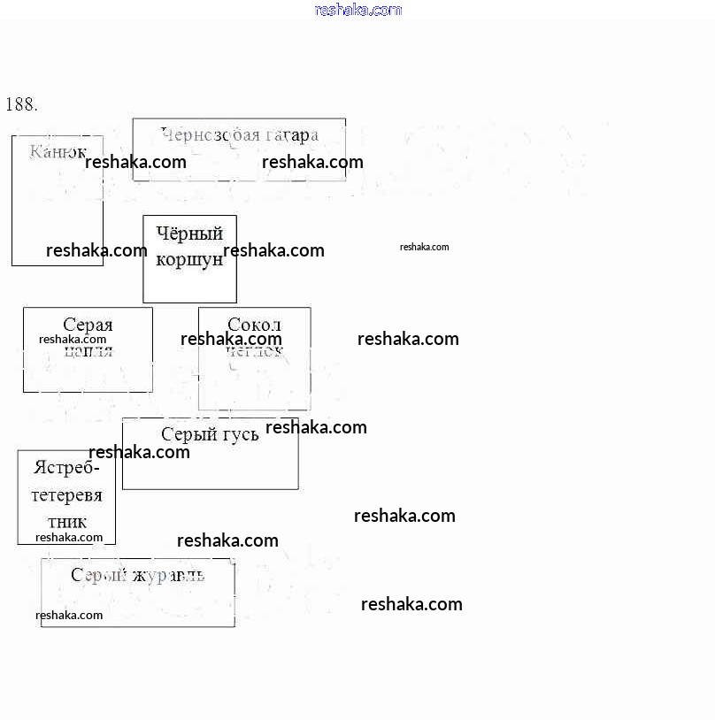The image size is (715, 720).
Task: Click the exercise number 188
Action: pyautogui.click(x=21, y=104)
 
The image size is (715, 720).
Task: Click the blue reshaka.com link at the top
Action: pyautogui.click(x=357, y=10)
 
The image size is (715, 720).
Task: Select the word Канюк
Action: pyautogui.click(x=58, y=151)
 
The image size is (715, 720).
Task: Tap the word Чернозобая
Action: pyautogui.click(x=210, y=134)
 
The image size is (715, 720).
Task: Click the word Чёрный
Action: pyautogui.click(x=189, y=234)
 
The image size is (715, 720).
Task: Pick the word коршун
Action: pyautogui.click(x=189, y=259)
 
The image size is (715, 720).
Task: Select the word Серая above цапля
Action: pyautogui.click(x=88, y=325)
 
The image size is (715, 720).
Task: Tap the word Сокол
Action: pyautogui.click(x=254, y=325)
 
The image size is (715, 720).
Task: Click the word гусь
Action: pyautogui.click(x=239, y=434)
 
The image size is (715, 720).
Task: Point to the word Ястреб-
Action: pyautogui.click(x=66, y=467)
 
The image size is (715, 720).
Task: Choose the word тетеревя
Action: pyautogui.click(x=66, y=494)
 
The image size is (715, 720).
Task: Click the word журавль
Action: pyautogui.click(x=168, y=575)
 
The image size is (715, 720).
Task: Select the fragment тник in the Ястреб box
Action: pyautogui.click(x=66, y=521)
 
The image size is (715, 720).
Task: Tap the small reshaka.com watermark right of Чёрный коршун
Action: pyautogui.click(x=424, y=247)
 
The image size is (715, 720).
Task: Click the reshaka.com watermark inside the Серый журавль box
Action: pyautogui.click(x=69, y=615)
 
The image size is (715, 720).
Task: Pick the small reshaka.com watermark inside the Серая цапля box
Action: pyautogui.click(x=73, y=339)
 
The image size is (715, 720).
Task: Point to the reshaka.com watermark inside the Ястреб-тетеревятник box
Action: pyautogui.click(x=69, y=537)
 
